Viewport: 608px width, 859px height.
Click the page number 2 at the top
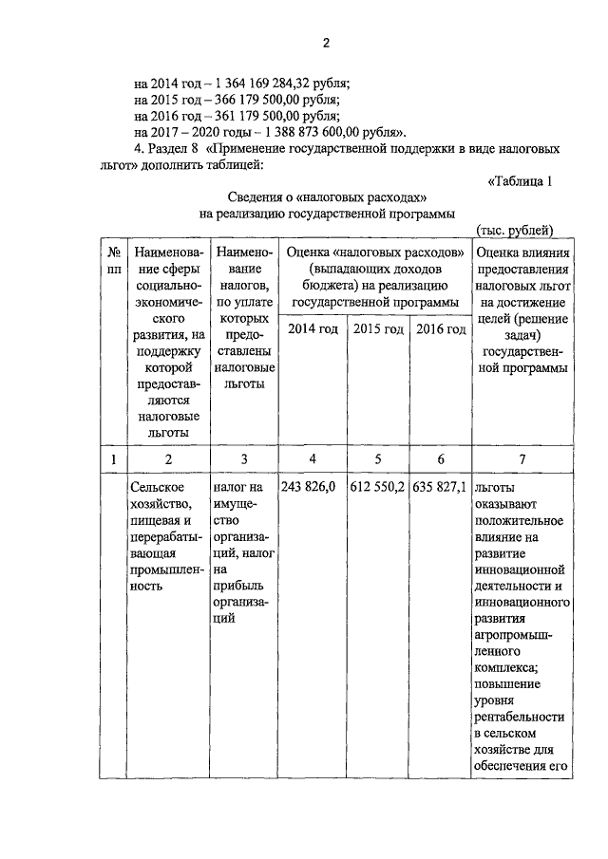[x=325, y=43]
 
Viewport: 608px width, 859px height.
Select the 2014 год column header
[x=313, y=329]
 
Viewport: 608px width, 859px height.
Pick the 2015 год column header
[x=377, y=329]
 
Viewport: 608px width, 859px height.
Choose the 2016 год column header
[x=439, y=329]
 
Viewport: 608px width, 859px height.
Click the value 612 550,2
[x=377, y=487]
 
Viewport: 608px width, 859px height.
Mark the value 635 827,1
[x=439, y=487]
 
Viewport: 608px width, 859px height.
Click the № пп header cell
[x=113, y=261]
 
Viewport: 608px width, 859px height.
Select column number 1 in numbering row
[x=113, y=459]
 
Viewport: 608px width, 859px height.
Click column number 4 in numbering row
[x=313, y=459]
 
